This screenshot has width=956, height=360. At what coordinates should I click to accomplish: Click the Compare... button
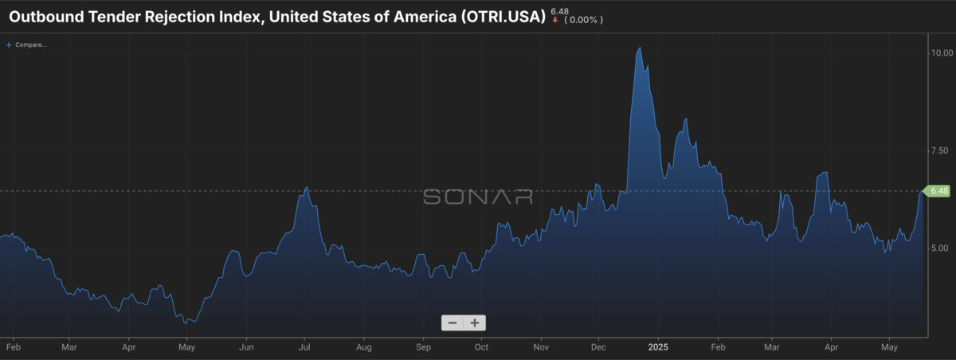tap(26, 45)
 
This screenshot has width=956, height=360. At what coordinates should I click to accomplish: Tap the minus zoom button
tap(453, 323)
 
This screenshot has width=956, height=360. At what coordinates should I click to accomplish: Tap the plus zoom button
tap(475, 323)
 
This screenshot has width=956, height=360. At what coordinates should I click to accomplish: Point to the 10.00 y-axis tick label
tap(942, 53)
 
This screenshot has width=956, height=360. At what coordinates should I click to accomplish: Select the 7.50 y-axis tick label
tap(939, 151)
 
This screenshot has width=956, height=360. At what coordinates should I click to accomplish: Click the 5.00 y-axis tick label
tap(939, 248)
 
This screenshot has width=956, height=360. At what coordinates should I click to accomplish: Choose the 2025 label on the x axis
tap(658, 347)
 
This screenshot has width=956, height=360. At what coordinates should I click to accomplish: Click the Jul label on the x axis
tap(304, 347)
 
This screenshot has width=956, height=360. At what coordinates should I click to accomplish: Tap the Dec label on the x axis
tap(598, 347)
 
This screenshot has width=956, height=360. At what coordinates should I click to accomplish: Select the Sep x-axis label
tap(423, 347)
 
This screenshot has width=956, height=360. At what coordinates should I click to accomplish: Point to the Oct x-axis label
tap(481, 347)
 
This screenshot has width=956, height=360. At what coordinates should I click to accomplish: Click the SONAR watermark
tap(477, 197)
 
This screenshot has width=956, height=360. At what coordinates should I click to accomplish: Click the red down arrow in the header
tap(554, 20)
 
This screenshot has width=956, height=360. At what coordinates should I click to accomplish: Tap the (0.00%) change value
tap(583, 20)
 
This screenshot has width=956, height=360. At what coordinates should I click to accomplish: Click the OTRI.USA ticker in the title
tap(503, 17)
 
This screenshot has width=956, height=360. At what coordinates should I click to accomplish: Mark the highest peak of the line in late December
tap(639, 48)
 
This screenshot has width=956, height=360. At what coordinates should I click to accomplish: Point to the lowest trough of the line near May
tap(186, 323)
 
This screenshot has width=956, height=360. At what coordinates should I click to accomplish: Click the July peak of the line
tap(307, 187)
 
